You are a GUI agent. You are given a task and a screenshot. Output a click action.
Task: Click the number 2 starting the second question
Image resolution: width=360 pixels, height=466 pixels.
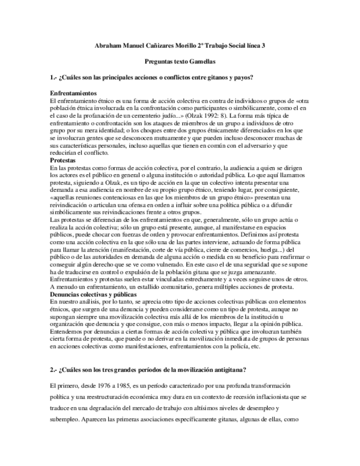tap(51, 367)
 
